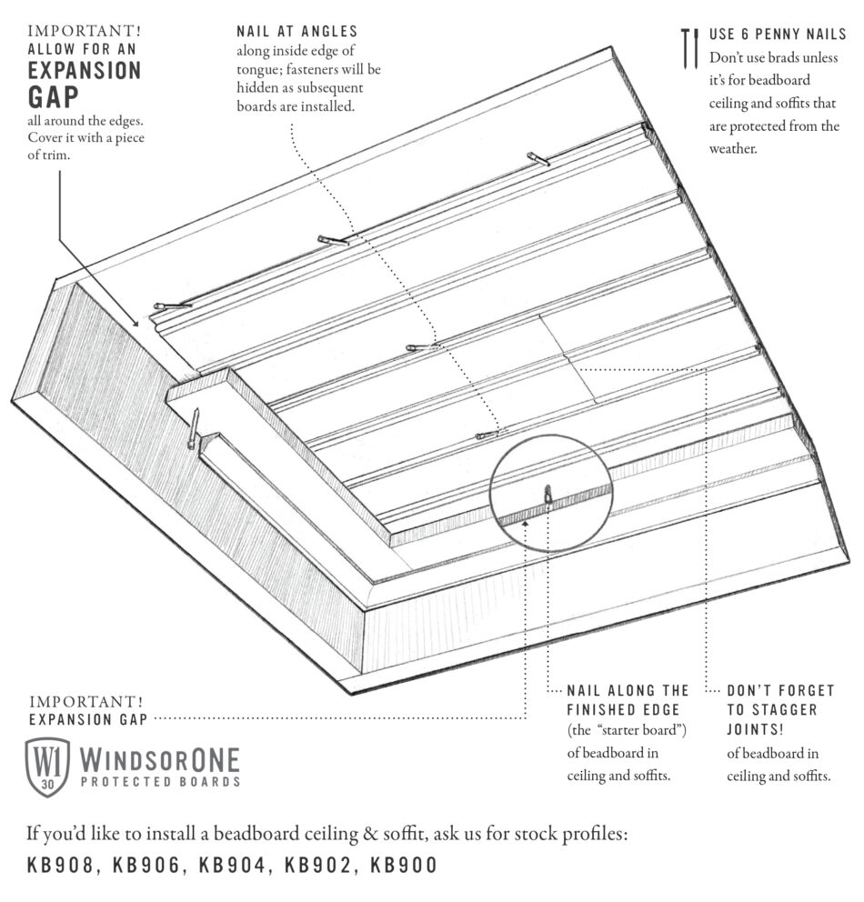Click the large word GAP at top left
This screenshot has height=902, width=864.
tap(54, 97)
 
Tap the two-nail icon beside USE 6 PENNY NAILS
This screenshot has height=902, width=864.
tap(689, 48)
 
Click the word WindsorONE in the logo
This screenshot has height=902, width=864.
tap(159, 758)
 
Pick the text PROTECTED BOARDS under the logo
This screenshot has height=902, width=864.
tap(160, 782)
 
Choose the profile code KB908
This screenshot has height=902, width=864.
tap(61, 865)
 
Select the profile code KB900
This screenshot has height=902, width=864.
tap(404, 865)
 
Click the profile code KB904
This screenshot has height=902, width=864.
tap(232, 865)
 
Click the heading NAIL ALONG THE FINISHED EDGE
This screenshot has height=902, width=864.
tap(628, 700)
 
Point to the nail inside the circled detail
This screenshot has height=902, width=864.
tap(548, 496)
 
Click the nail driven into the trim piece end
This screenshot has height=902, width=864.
tap(194, 428)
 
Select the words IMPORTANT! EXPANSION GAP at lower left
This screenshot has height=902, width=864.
tap(86, 710)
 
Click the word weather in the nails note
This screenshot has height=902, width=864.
tap(733, 148)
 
